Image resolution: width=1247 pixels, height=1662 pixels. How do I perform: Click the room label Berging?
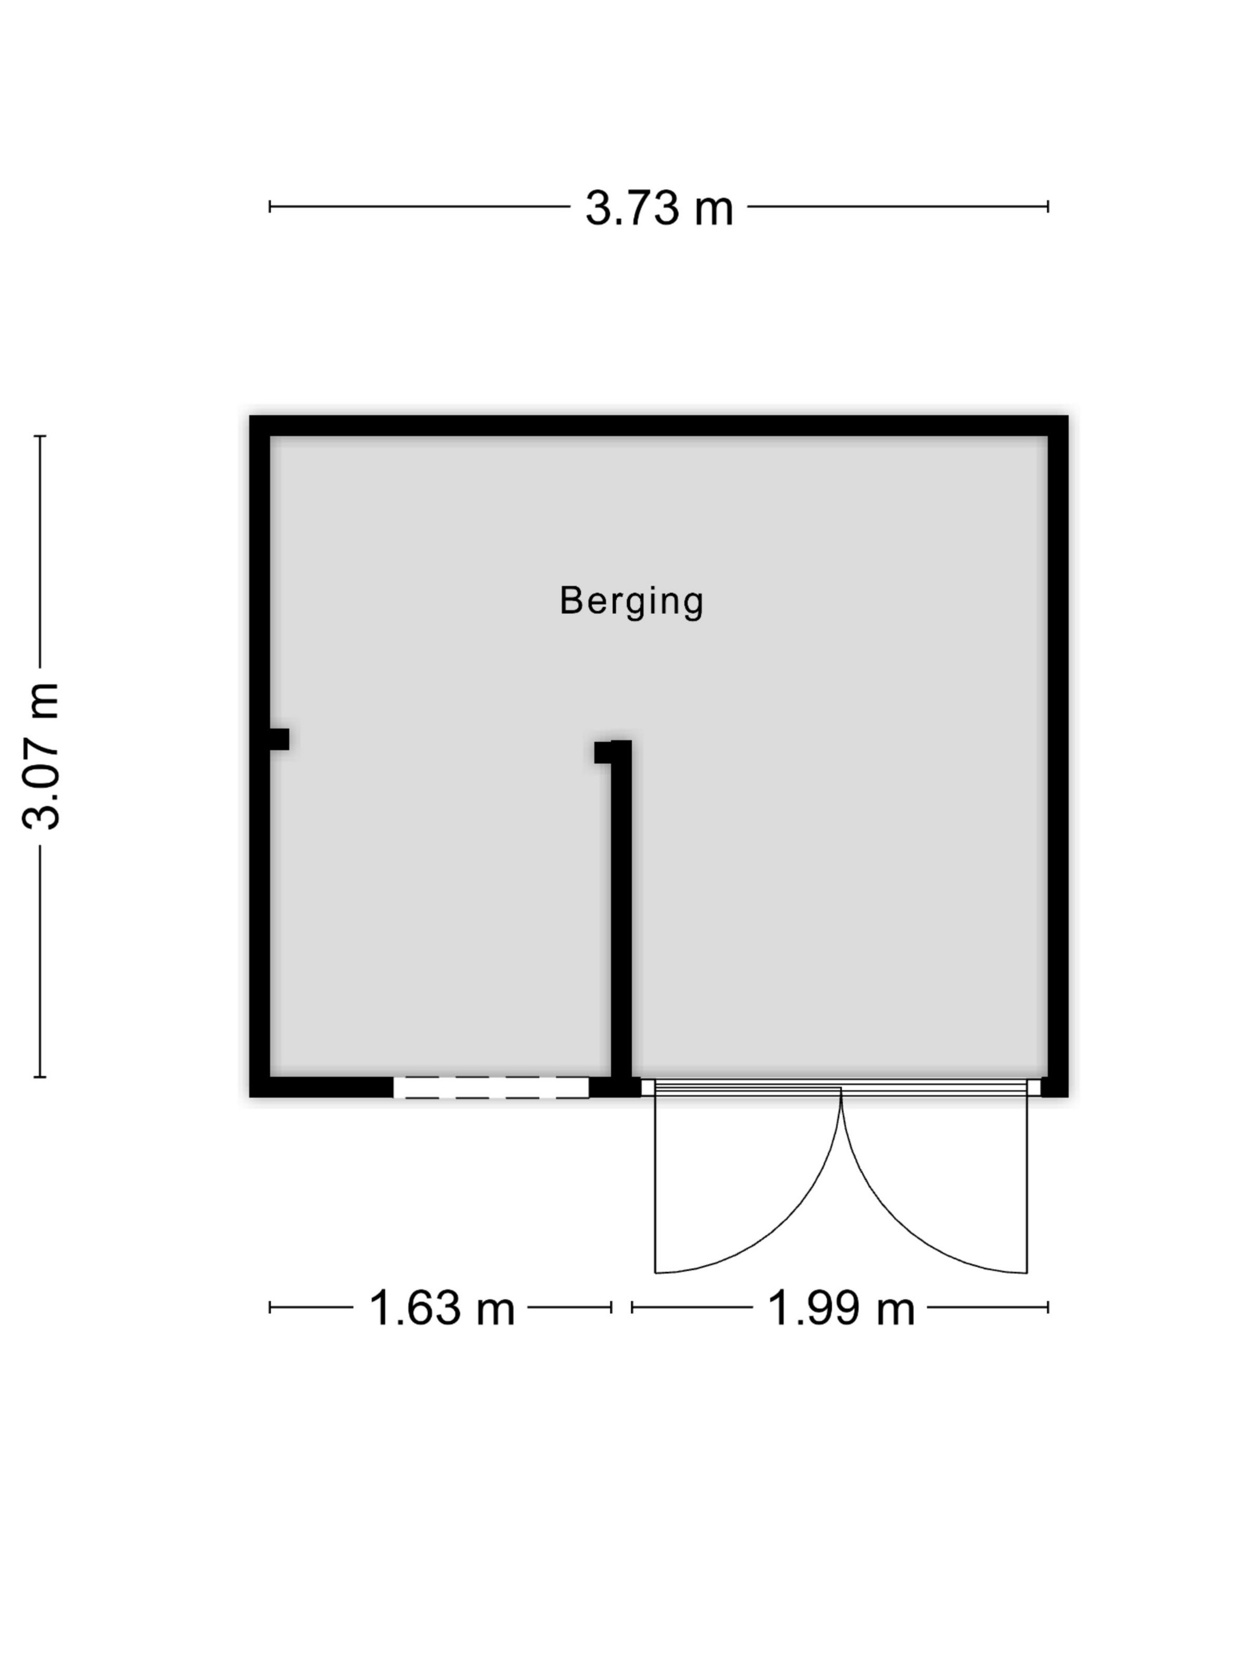coord(631,601)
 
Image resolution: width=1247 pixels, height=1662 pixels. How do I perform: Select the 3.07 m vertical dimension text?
coord(40,756)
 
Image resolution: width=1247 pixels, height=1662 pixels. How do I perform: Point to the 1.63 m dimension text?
coord(441,1308)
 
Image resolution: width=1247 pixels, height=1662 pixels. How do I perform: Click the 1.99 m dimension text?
coord(840,1308)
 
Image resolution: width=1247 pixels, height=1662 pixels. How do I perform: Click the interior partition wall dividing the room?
coord(621,916)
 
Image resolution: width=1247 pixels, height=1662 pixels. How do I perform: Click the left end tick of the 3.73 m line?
coord(270,206)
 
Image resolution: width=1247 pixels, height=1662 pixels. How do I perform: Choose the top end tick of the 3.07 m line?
coord(40,436)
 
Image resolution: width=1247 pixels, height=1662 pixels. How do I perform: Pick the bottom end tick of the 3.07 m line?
coord(40,1077)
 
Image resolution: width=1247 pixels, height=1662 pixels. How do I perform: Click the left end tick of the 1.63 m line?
coord(270,1308)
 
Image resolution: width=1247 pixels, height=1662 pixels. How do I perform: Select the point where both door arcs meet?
coord(841,1090)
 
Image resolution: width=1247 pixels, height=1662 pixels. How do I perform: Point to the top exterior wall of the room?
coord(659,425)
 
